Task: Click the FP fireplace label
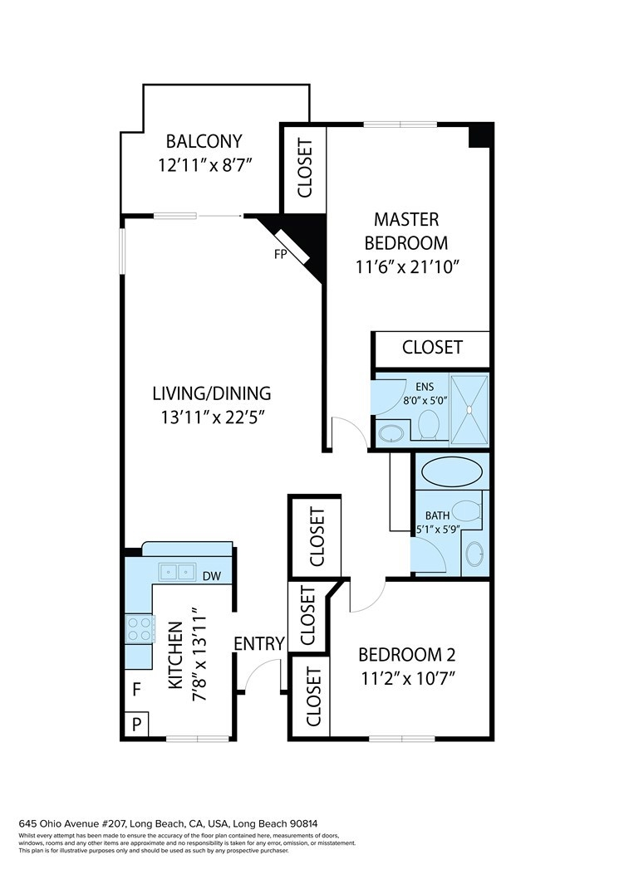click(280, 255)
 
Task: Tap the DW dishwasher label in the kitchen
click(211, 576)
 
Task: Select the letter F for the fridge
click(136, 690)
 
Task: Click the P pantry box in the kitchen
click(136, 725)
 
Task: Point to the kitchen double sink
click(177, 571)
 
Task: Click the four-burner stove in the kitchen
click(139, 629)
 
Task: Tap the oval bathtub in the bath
click(451, 472)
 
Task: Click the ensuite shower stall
click(469, 410)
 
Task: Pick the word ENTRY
click(259, 644)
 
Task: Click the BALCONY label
click(204, 141)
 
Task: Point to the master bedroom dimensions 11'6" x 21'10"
click(407, 267)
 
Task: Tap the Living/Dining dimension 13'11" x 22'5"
click(212, 417)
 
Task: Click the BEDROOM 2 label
click(407, 654)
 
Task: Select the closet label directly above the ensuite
click(432, 347)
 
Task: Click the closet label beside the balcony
click(305, 168)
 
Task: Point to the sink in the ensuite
click(391, 433)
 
